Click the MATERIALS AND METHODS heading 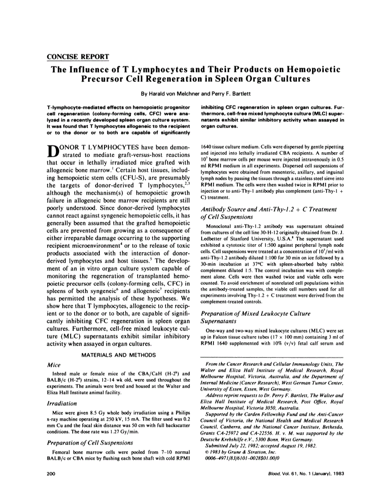(119, 355)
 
